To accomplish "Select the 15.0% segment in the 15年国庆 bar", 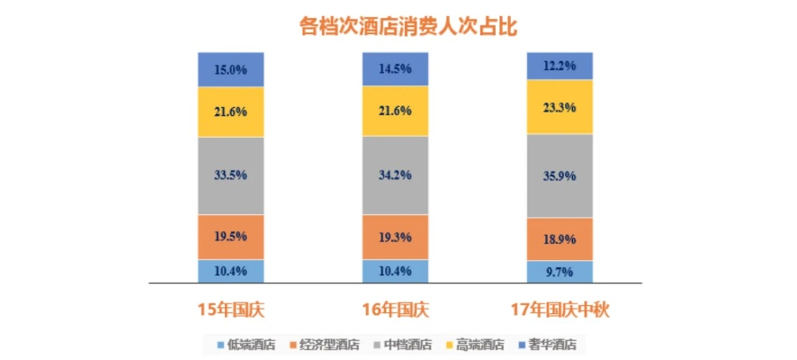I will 231,69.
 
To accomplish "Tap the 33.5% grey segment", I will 231,175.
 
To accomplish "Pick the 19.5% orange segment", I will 231,237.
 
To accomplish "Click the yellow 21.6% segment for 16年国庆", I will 395,111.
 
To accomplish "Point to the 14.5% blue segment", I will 395,68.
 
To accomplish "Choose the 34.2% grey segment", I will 395,175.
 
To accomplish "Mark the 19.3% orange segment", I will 395,237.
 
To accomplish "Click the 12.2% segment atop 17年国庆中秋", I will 560,66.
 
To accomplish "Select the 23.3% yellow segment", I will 560,106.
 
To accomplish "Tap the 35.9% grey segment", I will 560,175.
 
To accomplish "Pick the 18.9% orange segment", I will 560,239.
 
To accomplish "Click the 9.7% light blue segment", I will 560,271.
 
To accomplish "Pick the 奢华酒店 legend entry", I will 551,345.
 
